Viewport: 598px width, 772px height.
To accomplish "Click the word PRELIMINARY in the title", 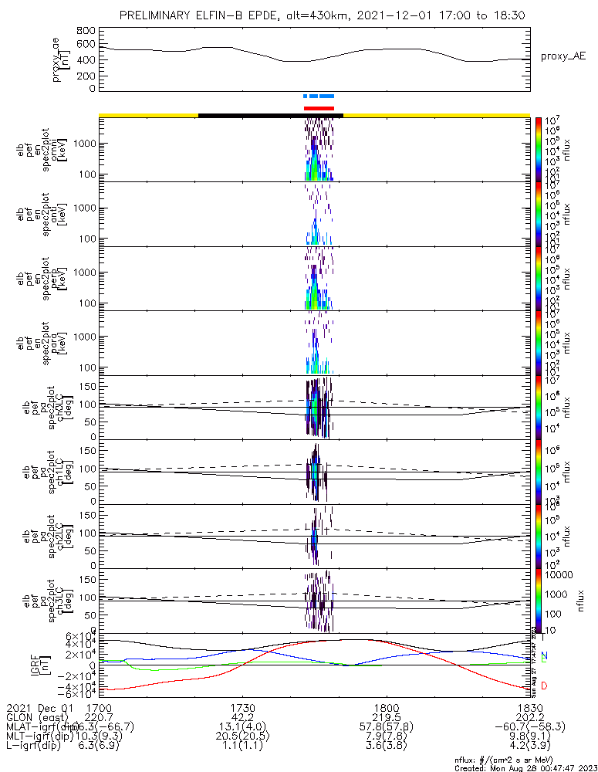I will pyautogui.click(x=157, y=15).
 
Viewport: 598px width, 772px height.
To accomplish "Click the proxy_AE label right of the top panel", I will pyautogui.click(x=562, y=56).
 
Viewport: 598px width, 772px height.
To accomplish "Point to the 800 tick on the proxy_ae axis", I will pyautogui.click(x=86, y=31).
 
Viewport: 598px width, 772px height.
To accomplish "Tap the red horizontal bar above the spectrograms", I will pyautogui.click(x=319, y=108).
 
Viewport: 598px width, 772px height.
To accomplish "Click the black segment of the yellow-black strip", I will pyautogui.click(x=270, y=115).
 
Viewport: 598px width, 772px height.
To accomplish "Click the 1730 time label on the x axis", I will pyautogui.click(x=243, y=706).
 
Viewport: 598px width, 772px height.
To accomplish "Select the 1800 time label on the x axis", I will pyautogui.click(x=386, y=706).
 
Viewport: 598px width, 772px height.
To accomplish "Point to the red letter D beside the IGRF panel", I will pyautogui.click(x=544, y=686).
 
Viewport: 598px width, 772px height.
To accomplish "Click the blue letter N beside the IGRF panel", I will pyautogui.click(x=544, y=656).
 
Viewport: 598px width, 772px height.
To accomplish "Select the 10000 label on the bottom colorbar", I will pyautogui.click(x=560, y=575).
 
